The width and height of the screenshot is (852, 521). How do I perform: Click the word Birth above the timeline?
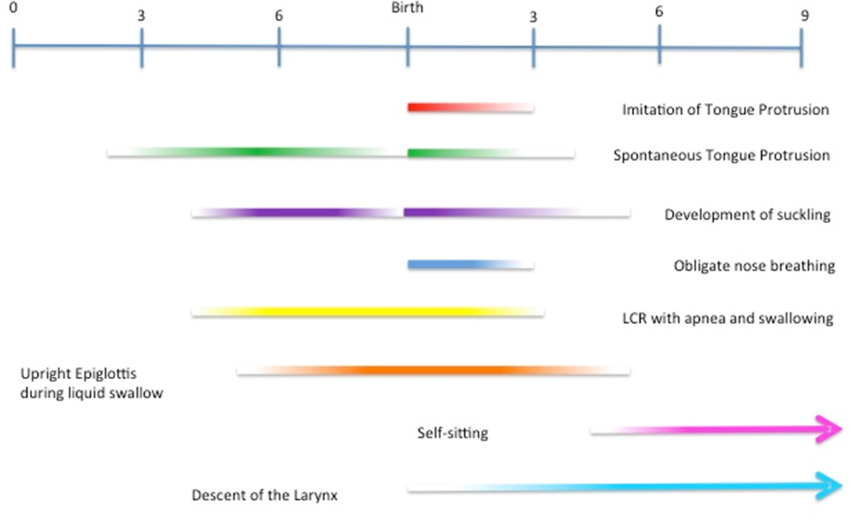[407, 9]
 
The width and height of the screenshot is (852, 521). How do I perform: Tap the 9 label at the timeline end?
[805, 16]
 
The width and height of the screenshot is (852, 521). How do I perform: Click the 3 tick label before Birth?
[141, 17]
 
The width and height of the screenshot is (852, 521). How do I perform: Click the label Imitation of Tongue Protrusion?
[725, 110]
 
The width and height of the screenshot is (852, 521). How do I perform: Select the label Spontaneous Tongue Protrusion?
[721, 156]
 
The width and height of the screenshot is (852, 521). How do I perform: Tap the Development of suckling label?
[747, 215]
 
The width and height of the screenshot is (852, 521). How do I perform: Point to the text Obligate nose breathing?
[754, 266]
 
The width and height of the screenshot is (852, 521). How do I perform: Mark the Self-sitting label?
[452, 434]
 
